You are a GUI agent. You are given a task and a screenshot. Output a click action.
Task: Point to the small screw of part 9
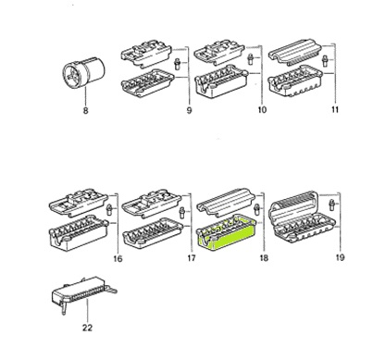[x=175, y=64]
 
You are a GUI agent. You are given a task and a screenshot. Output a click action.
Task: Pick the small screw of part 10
[x=247, y=64]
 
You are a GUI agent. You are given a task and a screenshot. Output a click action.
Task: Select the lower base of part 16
[x=78, y=234]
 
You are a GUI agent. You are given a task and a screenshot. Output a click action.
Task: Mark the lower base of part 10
[x=222, y=90]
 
